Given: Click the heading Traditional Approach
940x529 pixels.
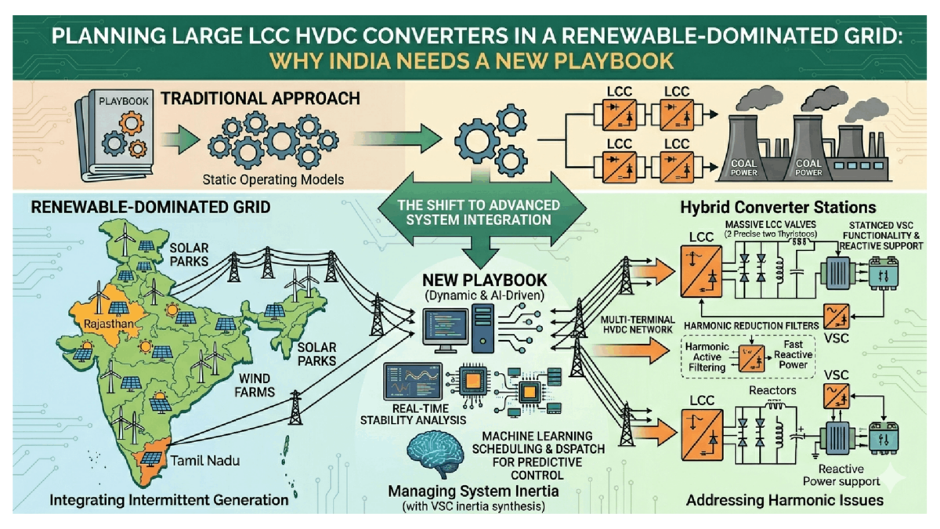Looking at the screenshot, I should pyautogui.click(x=260, y=99).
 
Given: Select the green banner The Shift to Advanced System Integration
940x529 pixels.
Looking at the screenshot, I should pyautogui.click(x=480, y=212).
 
